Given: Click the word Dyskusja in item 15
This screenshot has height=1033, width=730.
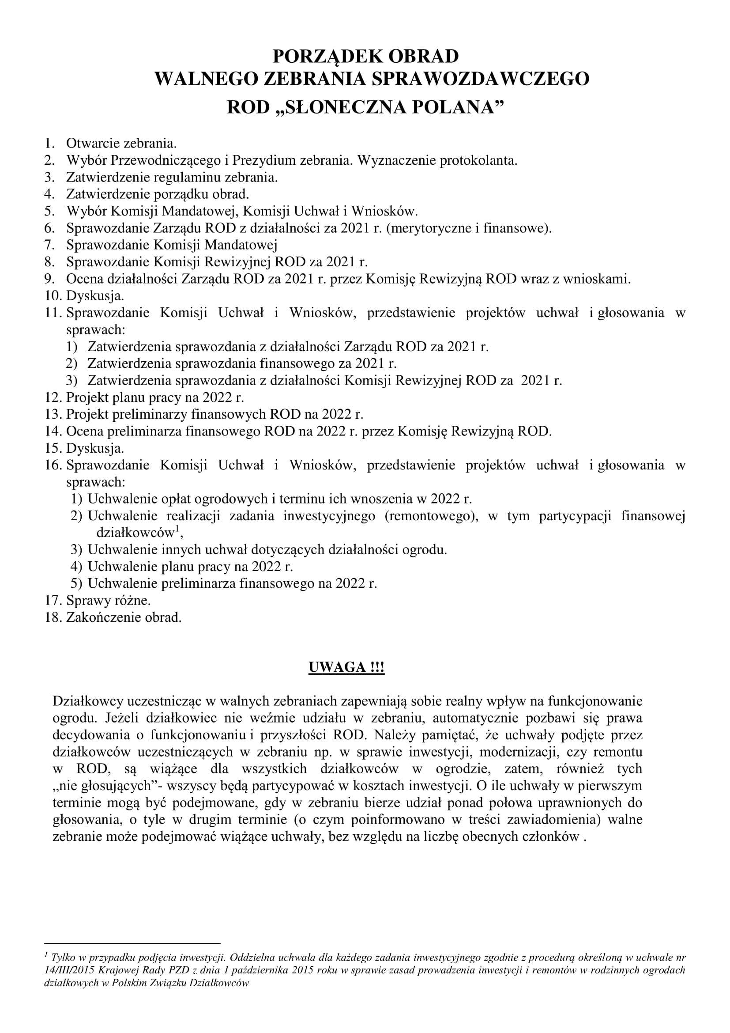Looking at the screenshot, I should [x=94, y=449].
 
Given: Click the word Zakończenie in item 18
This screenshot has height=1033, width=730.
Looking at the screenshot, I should [x=103, y=617].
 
